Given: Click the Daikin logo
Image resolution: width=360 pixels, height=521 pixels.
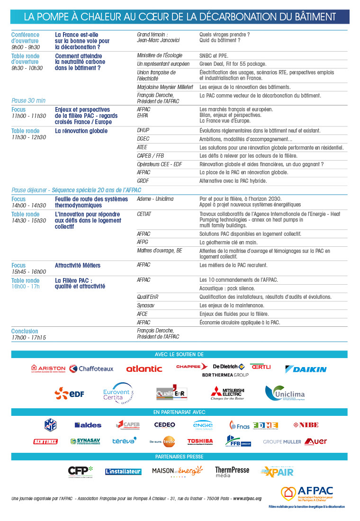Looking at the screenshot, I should pos(306,369).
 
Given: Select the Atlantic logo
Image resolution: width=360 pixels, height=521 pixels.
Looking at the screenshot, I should pos(144,368).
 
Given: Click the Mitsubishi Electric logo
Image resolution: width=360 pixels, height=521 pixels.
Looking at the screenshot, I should pos(228,393).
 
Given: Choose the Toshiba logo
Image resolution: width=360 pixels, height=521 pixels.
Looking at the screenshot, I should pos(200,441).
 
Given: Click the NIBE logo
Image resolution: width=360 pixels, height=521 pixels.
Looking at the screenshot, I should pos(306,425).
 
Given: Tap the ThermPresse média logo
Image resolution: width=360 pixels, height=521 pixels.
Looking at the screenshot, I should pos(232,471).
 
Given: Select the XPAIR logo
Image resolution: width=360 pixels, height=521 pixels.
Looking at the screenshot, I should pos(277,471).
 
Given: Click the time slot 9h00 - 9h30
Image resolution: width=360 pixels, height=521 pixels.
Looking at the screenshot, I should pos(26,47).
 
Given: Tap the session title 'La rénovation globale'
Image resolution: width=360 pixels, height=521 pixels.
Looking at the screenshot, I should pos(81,131).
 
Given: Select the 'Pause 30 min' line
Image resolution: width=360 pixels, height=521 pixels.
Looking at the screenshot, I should pos(28,100).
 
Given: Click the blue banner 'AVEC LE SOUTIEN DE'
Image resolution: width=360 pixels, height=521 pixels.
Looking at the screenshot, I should pos(179,354).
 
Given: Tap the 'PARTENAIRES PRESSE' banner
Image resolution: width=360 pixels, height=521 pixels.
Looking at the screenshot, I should pos(179,457).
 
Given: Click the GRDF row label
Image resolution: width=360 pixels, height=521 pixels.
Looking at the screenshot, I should pos(143,181).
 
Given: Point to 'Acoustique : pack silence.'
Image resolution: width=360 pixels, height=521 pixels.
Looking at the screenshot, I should pos(227,288).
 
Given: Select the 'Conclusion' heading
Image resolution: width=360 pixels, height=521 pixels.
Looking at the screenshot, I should pos(25,331).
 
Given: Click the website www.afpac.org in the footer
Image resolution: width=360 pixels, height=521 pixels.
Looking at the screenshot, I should pos(246,499).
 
